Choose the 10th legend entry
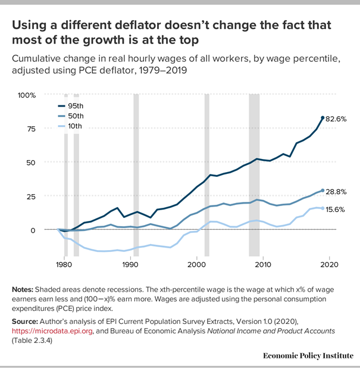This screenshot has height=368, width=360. (x=75, y=126)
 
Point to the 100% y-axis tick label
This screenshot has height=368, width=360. (x=27, y=95)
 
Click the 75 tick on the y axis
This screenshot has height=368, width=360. (x=30, y=129)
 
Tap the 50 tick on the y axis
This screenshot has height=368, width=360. (x=30, y=163)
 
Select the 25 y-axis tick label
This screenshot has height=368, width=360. (x=30, y=197)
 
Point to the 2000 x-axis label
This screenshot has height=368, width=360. (x=196, y=264)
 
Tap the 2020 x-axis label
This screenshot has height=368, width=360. (x=329, y=264)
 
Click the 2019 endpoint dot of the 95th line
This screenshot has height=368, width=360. (x=323, y=118)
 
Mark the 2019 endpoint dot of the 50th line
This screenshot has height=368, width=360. (x=323, y=191)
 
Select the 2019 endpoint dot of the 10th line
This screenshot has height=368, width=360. (x=323, y=208)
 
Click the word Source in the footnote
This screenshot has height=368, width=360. (x=26, y=321)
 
